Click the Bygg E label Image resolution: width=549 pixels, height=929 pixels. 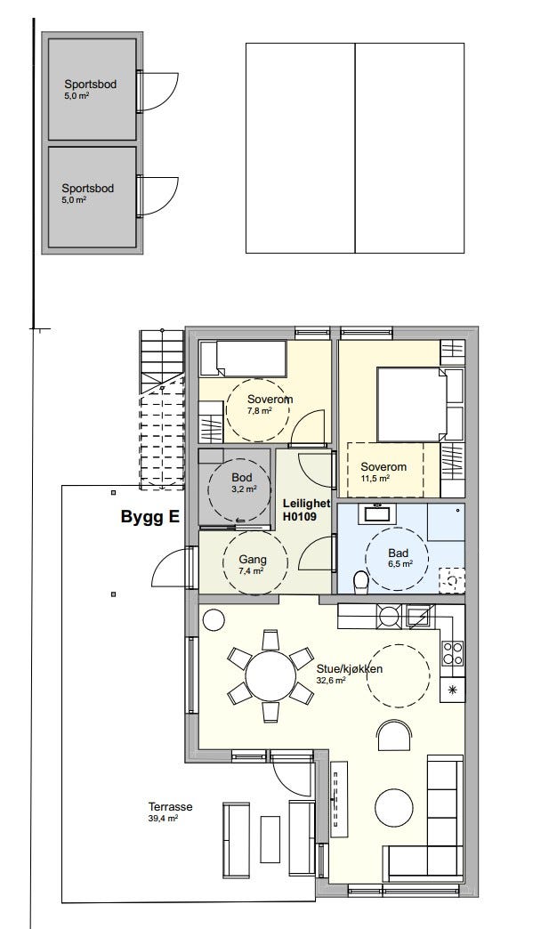149,517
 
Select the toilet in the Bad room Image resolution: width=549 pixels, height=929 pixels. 360,582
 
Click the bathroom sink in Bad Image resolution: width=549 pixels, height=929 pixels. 376,513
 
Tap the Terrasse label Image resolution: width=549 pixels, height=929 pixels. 170,806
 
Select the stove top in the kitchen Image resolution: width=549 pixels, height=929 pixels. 453,651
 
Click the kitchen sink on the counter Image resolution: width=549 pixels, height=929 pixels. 421,616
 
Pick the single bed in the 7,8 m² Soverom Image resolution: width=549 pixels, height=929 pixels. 244,359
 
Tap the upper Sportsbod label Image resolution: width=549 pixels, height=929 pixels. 90,85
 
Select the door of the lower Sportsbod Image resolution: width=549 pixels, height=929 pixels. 157,196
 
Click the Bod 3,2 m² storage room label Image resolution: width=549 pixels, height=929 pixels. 242,483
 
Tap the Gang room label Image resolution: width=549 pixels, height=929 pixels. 253,560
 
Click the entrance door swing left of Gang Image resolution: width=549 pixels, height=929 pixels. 172,568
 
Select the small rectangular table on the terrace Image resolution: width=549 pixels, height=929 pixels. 270,839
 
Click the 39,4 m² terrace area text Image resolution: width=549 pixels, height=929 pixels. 164,818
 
